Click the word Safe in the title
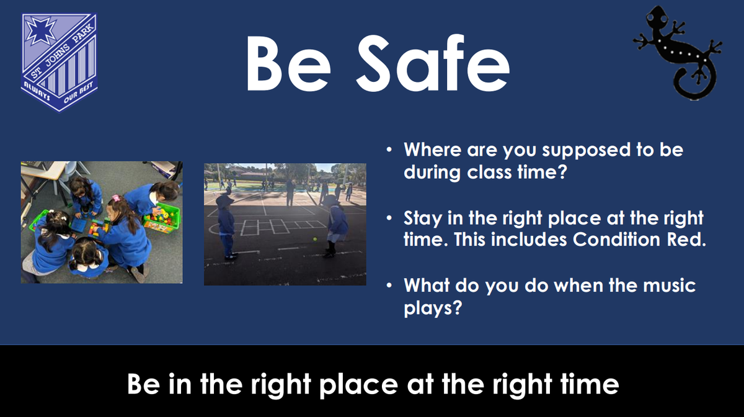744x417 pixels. coord(433,63)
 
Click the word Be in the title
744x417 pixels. coord(288,64)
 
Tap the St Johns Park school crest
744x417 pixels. coord(59,63)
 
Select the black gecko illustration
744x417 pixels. coord(678,53)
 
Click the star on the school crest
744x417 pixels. coord(40,30)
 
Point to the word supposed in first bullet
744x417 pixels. coord(587,151)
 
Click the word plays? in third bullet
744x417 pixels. coord(433,308)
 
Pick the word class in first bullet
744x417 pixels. coord(489,172)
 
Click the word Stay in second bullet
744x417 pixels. coord(422,219)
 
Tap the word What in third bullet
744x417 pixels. coord(427,285)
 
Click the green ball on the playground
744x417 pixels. coord(315,239)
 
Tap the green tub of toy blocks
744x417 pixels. coord(162,218)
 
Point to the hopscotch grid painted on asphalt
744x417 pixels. coord(282,226)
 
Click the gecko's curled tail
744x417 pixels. coord(694,84)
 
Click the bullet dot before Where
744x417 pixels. coord(389,150)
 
